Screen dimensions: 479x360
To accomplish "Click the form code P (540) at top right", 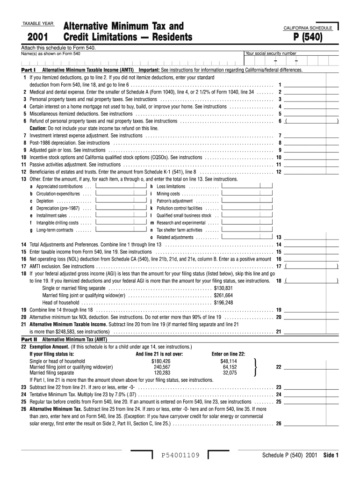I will coord(308,37).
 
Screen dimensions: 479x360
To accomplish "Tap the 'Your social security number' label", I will coord(271,53).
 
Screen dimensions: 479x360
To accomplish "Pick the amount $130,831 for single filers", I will coord(223,288).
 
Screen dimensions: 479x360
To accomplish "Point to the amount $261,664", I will coord(223,295).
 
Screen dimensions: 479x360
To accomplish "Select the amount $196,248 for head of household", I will coord(223,302).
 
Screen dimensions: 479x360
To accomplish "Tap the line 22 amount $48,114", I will coord(229,361).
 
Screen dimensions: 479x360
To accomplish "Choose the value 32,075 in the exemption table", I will coord(230,373).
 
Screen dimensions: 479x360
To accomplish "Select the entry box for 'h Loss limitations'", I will coord(247,186).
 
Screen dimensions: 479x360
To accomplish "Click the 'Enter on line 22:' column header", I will coord(228,354).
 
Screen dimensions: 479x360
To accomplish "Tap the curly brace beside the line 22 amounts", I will coord(254,367).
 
